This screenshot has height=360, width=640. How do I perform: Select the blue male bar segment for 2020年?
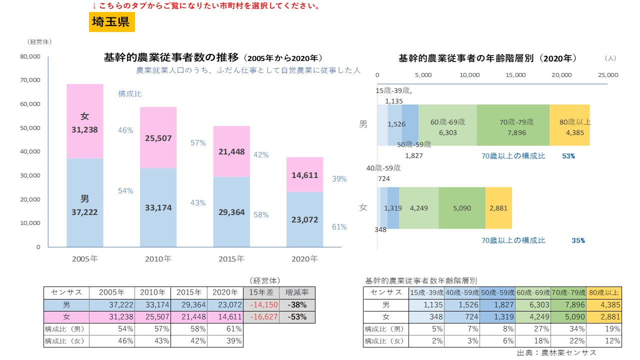(x=304, y=219)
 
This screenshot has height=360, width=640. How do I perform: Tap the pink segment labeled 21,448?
(x=231, y=151)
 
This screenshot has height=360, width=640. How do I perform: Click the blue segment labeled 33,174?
(x=158, y=207)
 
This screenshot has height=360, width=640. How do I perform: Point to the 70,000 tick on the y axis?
(x=30, y=80)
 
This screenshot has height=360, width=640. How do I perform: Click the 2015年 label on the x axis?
(x=231, y=259)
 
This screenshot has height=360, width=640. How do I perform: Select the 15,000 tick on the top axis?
(x=515, y=75)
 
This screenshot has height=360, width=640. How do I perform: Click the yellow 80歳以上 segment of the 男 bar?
(x=569, y=125)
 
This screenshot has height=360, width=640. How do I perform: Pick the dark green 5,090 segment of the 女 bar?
(x=461, y=208)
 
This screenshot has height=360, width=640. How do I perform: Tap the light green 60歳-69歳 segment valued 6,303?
(x=447, y=125)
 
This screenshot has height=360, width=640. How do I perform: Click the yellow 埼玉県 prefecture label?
(x=111, y=22)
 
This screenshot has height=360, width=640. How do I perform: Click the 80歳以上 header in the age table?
(x=604, y=292)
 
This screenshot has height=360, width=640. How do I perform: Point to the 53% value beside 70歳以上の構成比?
(x=568, y=156)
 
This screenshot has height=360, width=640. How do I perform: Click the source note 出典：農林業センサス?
(x=556, y=353)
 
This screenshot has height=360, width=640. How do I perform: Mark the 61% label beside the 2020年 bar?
(x=339, y=227)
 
